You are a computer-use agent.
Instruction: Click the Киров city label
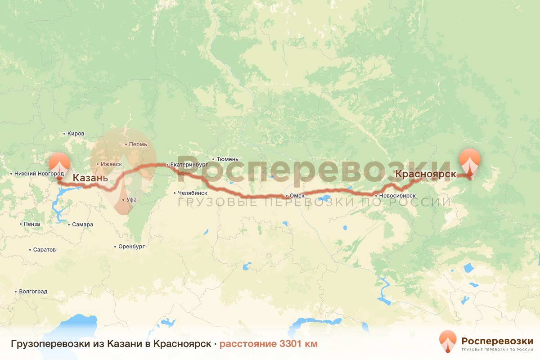(76, 134)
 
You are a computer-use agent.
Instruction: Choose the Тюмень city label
(227, 159)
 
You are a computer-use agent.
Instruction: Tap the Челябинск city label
(193, 193)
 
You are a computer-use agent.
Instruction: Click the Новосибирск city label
(397, 196)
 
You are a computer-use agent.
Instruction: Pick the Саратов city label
(44, 249)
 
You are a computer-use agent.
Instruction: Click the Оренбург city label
(131, 247)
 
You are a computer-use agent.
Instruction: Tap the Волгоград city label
(33, 292)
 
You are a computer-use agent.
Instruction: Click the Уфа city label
(131, 199)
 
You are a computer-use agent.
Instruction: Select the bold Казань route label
(90, 178)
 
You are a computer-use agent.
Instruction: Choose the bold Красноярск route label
(426, 174)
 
